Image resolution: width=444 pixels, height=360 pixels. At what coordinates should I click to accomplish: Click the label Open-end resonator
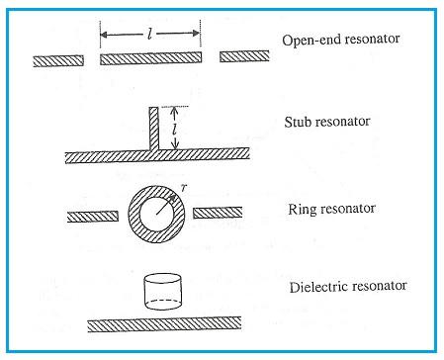(341, 42)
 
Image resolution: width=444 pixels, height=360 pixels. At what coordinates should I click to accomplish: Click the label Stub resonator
(326, 123)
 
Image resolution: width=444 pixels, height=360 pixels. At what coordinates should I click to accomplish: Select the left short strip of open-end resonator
(57, 59)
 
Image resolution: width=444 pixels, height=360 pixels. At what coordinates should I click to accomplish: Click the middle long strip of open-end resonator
(151, 59)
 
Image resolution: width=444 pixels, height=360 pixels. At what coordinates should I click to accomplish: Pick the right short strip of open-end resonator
(244, 57)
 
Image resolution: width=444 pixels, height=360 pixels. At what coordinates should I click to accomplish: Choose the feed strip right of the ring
(218, 213)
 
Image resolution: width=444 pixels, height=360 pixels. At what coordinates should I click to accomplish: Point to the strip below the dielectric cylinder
(164, 323)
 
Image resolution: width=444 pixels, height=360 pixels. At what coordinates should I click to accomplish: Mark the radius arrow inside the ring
(172, 203)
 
